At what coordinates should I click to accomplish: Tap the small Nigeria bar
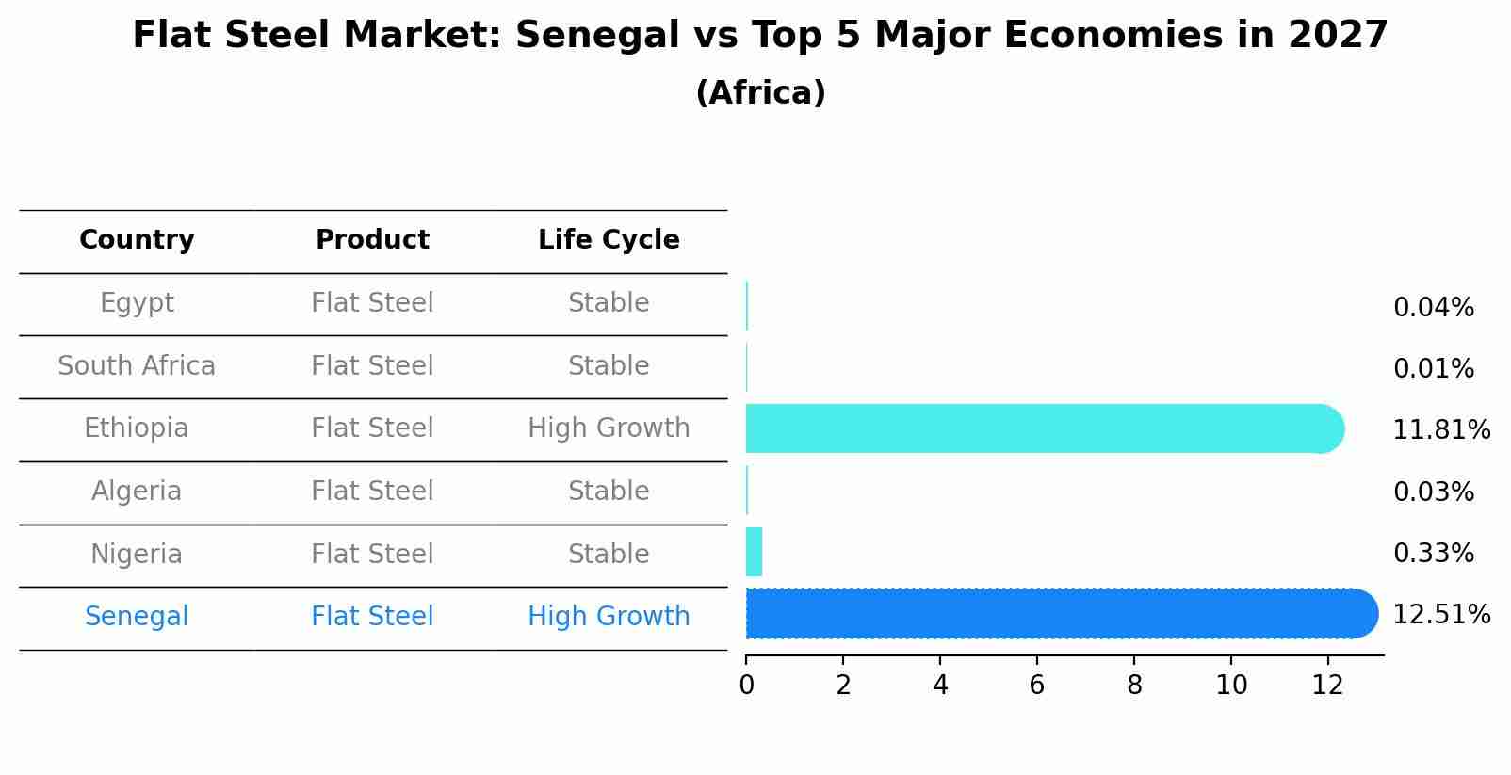coord(754,552)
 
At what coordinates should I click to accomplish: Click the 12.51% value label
coord(1440,615)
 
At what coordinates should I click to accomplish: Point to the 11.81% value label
coord(1440,430)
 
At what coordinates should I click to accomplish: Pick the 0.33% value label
coord(1433,554)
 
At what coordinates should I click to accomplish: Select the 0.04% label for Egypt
coord(1433,308)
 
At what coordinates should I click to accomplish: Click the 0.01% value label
coord(1433,369)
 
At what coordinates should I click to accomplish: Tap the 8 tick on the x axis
coord(1134,686)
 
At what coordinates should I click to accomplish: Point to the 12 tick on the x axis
coord(1327,686)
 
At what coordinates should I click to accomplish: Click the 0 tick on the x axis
coord(746,686)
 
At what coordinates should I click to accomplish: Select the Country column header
coord(137,240)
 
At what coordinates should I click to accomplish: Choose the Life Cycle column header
coord(609,240)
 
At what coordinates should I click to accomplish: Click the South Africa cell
coord(137,365)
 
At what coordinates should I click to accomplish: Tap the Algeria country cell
coord(137,492)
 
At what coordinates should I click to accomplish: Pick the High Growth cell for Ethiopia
coord(609,428)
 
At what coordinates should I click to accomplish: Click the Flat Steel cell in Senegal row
coord(372,617)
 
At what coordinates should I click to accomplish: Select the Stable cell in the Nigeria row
coord(609,554)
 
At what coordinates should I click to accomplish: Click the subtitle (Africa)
coord(760,93)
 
